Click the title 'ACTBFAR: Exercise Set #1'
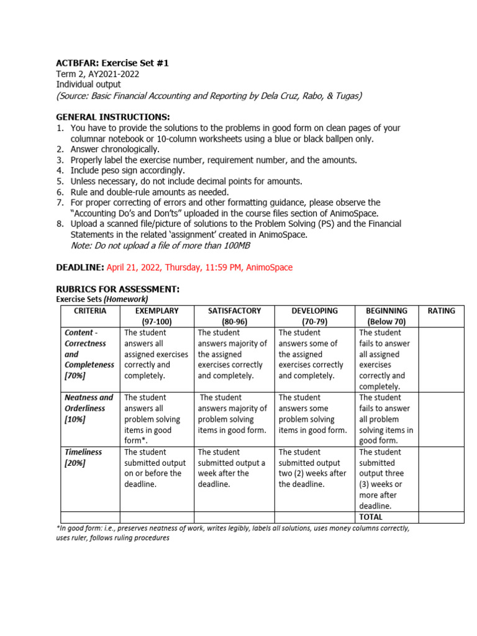click(x=112, y=63)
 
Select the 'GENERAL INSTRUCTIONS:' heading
click(x=113, y=117)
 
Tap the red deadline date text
click(x=199, y=267)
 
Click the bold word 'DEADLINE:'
click(x=79, y=267)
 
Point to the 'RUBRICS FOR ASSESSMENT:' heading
click(x=117, y=289)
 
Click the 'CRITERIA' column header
click(x=90, y=311)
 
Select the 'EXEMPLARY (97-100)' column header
click(x=157, y=316)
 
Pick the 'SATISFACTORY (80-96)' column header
click(x=234, y=316)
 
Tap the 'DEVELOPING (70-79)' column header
click(x=314, y=316)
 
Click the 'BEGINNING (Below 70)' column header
click(x=386, y=316)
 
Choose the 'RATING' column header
click(x=441, y=311)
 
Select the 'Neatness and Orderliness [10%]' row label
click(x=89, y=408)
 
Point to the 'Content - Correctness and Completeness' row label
click(x=89, y=354)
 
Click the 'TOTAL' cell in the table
click(x=371, y=517)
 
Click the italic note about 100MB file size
click(x=161, y=246)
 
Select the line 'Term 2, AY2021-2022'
click(x=98, y=74)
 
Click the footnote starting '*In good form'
click(x=233, y=533)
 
